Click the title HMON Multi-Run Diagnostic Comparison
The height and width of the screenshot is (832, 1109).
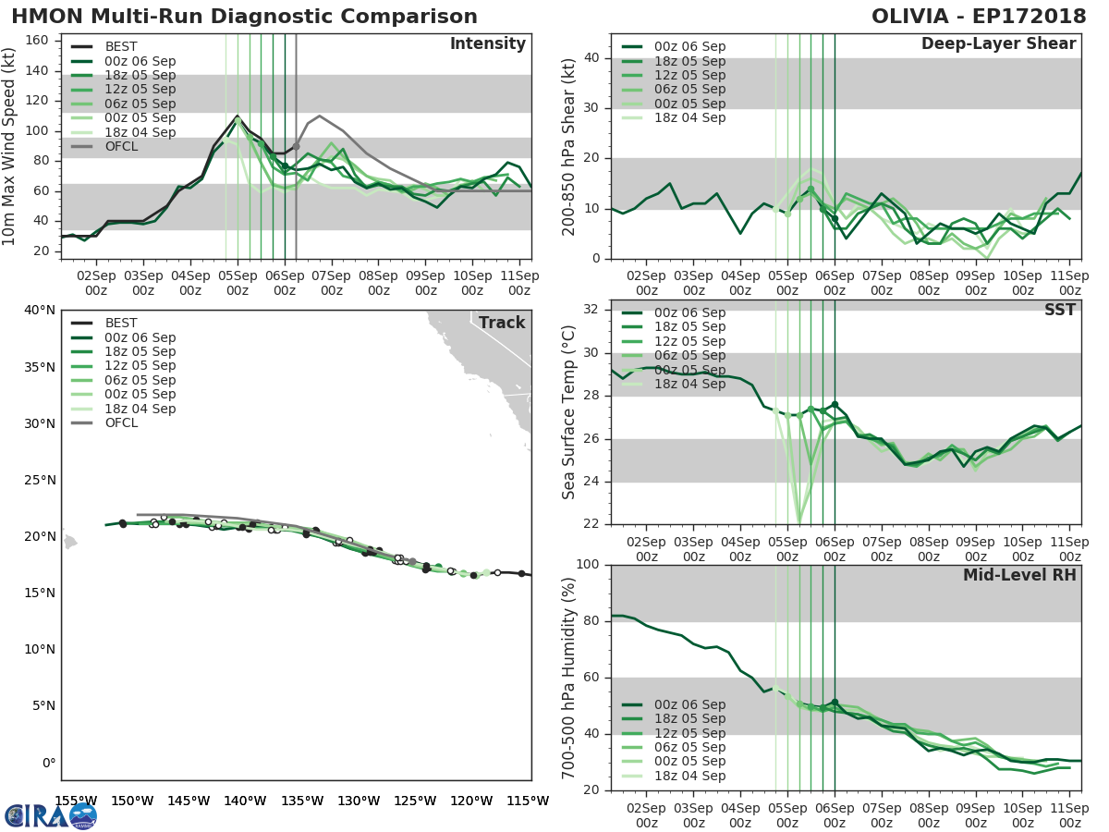(x=244, y=17)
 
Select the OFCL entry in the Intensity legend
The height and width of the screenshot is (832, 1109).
(x=122, y=146)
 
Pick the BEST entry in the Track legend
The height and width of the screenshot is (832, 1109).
(x=122, y=323)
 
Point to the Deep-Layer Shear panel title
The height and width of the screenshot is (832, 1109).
(x=998, y=44)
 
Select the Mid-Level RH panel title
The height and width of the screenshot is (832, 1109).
(x=1019, y=575)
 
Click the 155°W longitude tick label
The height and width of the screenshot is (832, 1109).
(x=76, y=801)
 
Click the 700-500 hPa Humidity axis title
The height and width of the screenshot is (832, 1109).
(x=569, y=678)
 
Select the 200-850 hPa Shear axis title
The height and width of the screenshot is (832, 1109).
(x=569, y=146)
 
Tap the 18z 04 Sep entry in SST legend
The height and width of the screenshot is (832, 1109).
(x=689, y=384)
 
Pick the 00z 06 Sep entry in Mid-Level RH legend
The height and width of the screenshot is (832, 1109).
(x=689, y=704)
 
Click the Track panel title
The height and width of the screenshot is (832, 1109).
(x=501, y=323)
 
